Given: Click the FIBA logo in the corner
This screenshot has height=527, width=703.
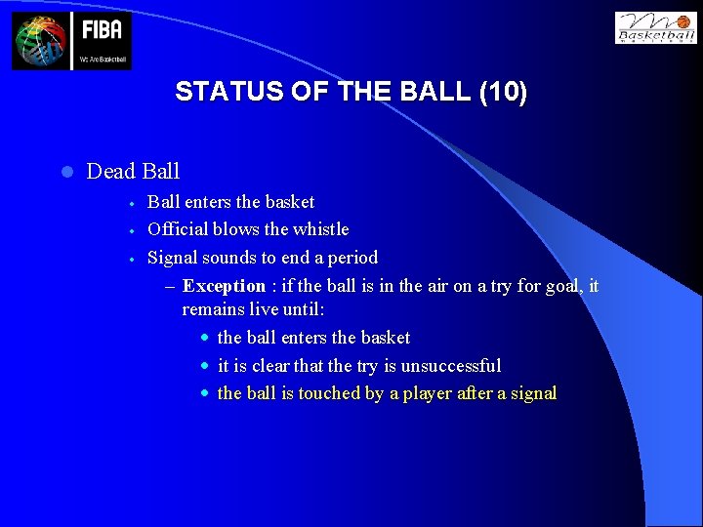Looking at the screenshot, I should coord(71,41).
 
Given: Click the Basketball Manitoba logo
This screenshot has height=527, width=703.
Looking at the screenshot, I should coord(655,27).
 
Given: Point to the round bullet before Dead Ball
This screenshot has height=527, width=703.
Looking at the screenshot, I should coord(65,173).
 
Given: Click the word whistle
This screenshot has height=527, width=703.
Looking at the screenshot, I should coord(321,229).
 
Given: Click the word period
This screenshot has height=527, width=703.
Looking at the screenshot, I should coord(351,258).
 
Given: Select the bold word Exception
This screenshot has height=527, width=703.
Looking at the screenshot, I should coord(224,286).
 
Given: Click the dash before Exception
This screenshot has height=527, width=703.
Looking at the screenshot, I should coord(171,287).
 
